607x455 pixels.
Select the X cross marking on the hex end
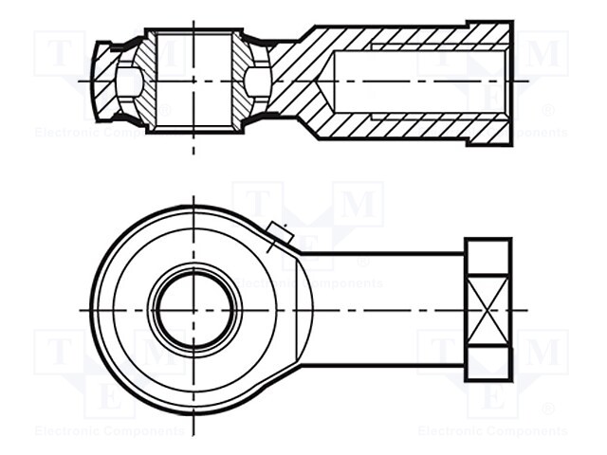pyautogui.click(x=489, y=310)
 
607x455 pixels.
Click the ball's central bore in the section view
pyautogui.click(x=194, y=81)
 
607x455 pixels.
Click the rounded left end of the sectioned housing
pyautogui.click(x=102, y=81)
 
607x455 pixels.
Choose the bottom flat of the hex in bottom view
pyautogui.click(x=489, y=364)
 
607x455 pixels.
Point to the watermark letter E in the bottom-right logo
pyautogui.click(x=492, y=398)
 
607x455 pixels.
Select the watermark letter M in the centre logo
pyautogui.click(x=359, y=205)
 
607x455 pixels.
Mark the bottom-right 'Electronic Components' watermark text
pyautogui.click(x=492, y=430)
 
